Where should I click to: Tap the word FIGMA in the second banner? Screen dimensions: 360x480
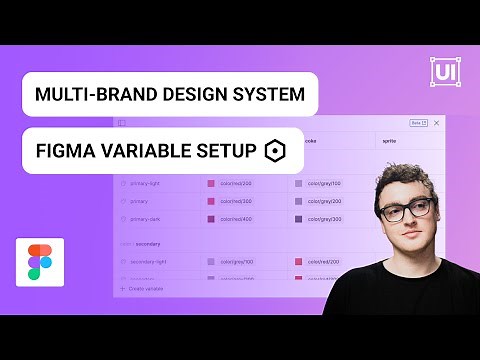[63, 151]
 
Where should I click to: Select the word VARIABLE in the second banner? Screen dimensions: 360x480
[143, 151]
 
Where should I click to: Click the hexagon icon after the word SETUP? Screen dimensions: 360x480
[274, 151]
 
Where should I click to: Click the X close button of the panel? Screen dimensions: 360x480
[437, 123]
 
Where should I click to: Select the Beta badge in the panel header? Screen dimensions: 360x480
[418, 123]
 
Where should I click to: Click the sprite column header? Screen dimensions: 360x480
[390, 142]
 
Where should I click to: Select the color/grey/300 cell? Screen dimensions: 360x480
[324, 218]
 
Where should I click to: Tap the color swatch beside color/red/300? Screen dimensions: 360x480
[211, 201]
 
